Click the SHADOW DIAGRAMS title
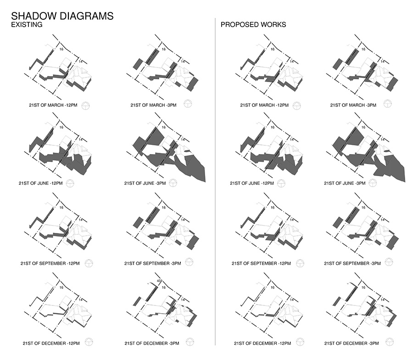(62, 16)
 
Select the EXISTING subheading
(27, 24)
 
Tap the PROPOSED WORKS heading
(253, 24)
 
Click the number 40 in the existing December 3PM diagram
(159, 281)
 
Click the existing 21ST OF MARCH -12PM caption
(53, 105)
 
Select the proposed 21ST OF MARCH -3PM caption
(353, 105)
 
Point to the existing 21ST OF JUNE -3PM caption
(145, 183)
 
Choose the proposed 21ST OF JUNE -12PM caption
(252, 183)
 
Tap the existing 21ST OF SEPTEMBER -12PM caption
(50, 263)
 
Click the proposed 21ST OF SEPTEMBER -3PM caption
(352, 263)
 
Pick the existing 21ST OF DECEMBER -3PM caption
(152, 343)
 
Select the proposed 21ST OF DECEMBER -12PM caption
(262, 343)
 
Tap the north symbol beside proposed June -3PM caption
(373, 183)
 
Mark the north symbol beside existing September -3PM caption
(189, 262)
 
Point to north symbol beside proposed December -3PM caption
(389, 342)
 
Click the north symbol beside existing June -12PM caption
(70, 183)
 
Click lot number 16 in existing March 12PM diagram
(61, 49)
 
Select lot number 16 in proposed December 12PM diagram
(273, 288)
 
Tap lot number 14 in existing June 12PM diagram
(81, 139)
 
